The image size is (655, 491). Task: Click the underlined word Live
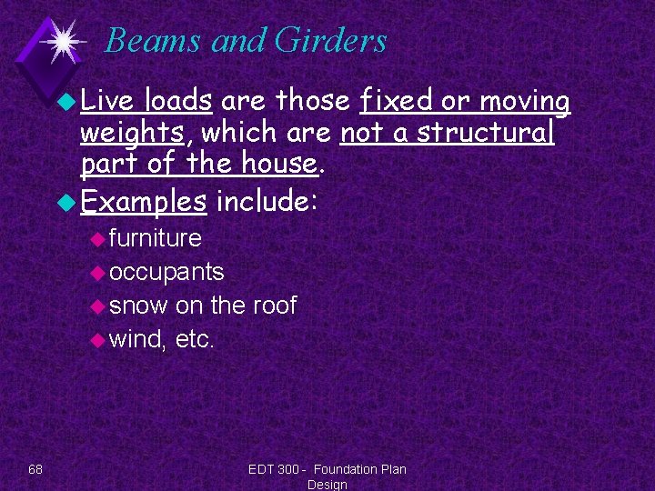pos(108,101)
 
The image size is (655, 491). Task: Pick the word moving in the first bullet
pos(525,101)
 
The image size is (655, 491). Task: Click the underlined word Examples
pos(143,201)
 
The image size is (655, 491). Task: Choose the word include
pos(263,200)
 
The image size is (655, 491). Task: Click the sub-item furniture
pos(155,238)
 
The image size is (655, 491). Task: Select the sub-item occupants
pos(166,272)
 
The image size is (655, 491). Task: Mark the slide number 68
pos(35,469)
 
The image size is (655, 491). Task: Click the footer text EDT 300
pos(274,469)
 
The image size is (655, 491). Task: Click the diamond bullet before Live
pos(67,102)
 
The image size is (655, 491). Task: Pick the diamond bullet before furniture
pos(97,239)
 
